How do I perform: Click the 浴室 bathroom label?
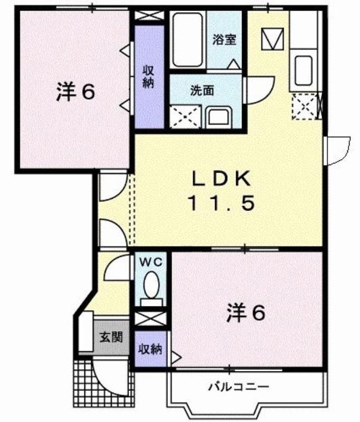coord(225,40)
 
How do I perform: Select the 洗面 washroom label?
coord(202,90)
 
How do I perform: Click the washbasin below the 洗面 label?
coord(219,117)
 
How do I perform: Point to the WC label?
coord(151,262)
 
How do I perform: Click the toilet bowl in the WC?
coord(151,285)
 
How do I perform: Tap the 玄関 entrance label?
coord(111,337)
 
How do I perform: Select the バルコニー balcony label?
coord(239,387)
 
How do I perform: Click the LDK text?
coord(221,178)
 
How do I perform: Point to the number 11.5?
coord(221,203)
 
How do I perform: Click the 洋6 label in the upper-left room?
coord(76,91)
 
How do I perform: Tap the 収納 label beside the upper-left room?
coord(149,76)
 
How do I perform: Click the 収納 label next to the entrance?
coord(151,349)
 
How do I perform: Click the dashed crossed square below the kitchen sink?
coord(305,106)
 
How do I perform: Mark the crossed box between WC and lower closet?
coord(151,319)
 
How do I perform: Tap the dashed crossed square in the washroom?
coord(186,117)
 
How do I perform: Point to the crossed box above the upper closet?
coord(149,15)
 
